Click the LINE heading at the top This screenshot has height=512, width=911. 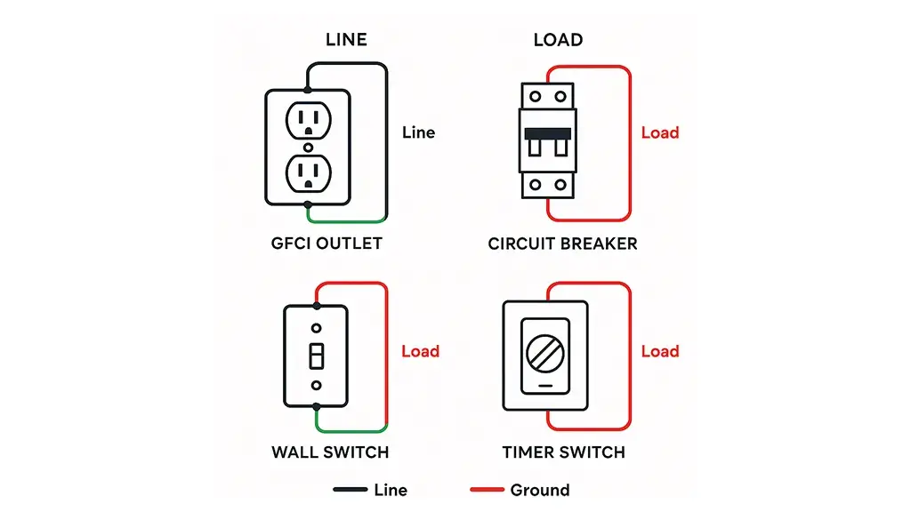tap(346, 39)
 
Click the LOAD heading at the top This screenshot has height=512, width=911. tap(558, 39)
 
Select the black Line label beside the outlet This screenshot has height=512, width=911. tap(418, 132)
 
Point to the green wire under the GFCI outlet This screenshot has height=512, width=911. tap(347, 220)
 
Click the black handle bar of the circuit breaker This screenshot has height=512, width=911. tap(547, 133)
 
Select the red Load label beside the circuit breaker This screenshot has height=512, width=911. tap(660, 132)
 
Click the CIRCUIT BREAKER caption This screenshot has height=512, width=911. tap(562, 243)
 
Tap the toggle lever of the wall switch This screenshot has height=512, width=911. tap(316, 356)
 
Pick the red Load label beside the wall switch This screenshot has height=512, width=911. tap(420, 351)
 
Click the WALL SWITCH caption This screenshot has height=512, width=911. tap(330, 452)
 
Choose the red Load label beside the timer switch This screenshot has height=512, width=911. tap(660, 351)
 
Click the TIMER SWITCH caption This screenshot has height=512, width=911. tap(563, 452)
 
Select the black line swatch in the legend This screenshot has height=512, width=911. tap(351, 490)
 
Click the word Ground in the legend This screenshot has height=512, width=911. tap(539, 490)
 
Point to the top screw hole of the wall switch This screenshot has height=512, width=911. tap(316, 327)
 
